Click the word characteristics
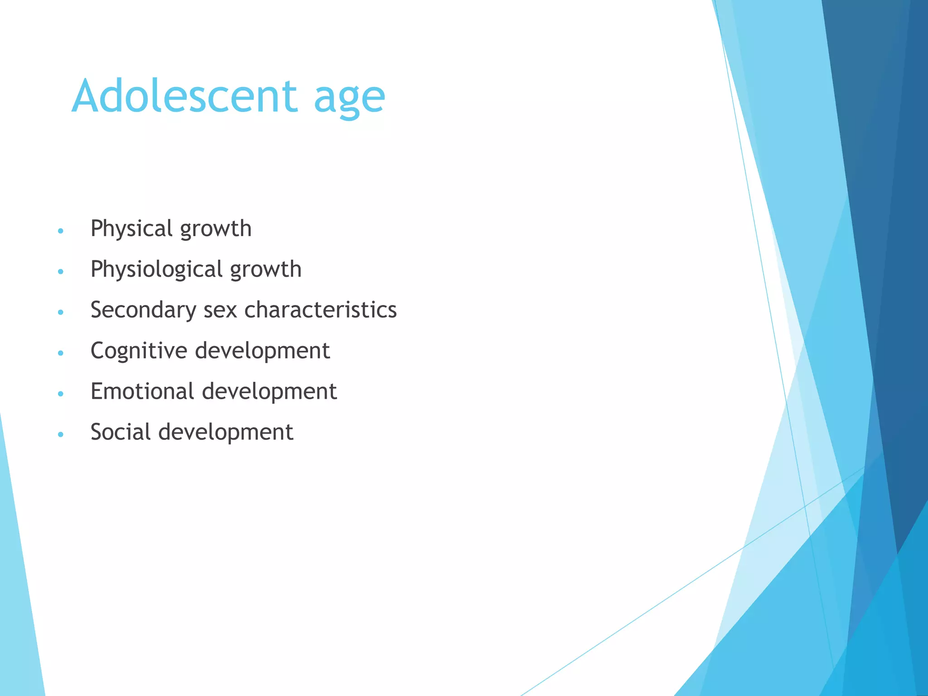click(320, 310)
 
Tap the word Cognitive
click(139, 351)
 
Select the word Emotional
click(142, 391)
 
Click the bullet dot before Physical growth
click(61, 231)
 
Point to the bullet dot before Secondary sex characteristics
click(61, 312)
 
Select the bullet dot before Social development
click(61, 435)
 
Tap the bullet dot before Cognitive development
click(61, 353)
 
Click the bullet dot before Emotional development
click(61, 394)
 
